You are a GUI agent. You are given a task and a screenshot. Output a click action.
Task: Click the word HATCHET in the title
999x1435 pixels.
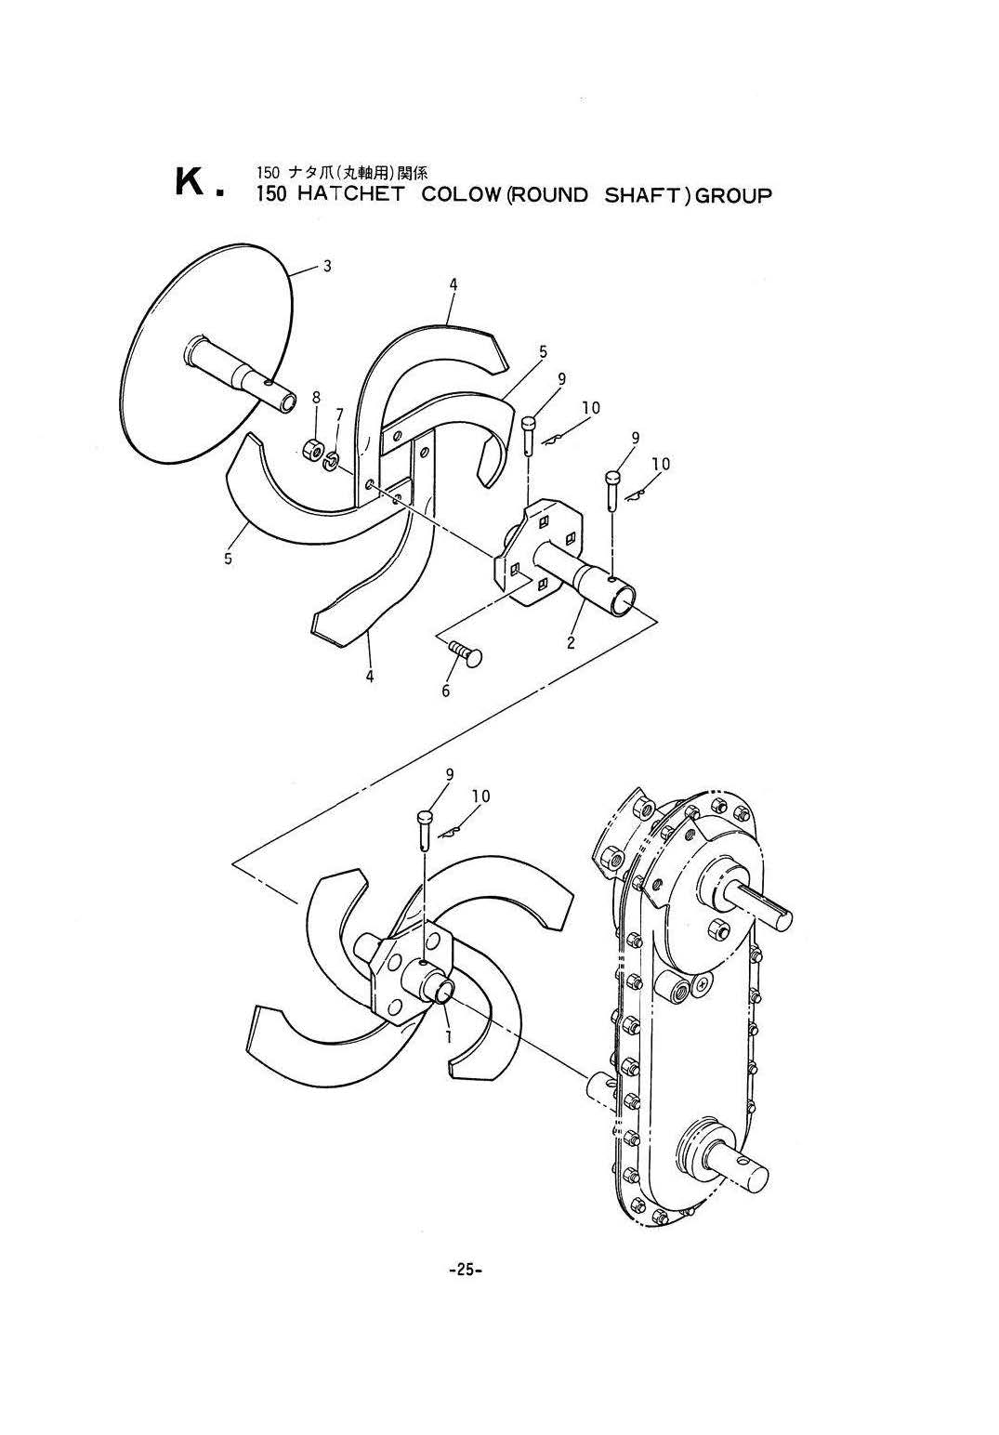351,194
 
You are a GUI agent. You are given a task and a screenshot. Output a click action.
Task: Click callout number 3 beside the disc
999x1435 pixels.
327,267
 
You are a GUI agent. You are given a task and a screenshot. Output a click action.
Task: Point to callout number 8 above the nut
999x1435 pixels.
316,397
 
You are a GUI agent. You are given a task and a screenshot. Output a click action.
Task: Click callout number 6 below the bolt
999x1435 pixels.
446,690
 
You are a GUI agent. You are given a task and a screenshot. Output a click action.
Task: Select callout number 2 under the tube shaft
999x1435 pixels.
571,641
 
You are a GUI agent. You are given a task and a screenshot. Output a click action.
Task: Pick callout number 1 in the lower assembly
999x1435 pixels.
448,1035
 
